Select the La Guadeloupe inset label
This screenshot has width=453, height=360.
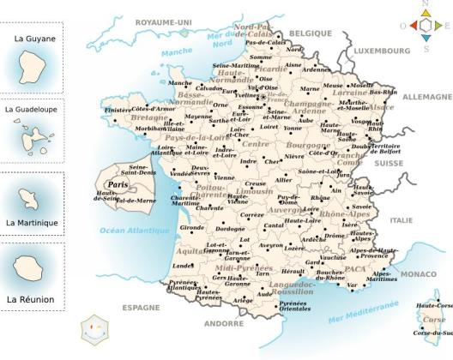tap(32, 110)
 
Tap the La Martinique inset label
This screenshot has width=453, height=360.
tap(31, 223)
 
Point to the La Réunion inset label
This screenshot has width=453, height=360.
tap(31, 299)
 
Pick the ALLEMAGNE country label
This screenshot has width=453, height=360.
tap(426, 97)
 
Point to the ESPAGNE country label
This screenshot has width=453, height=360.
tap(141, 306)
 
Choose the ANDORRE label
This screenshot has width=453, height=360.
tap(225, 323)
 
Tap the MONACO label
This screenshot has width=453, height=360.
tap(419, 273)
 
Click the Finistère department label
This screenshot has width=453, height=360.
tap(118, 111)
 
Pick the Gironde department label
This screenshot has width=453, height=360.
tap(192, 228)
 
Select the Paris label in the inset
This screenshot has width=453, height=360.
tap(117, 183)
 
